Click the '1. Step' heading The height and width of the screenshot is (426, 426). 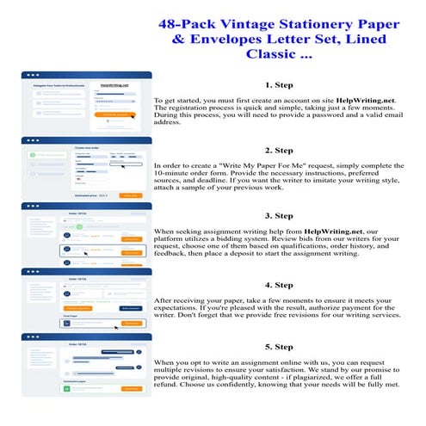tap(279, 85)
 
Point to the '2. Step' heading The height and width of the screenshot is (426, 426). tap(279, 150)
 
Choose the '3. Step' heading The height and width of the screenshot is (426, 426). tap(279, 215)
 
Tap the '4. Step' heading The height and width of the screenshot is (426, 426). tap(279, 283)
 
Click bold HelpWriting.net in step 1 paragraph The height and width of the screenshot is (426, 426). tap(347, 101)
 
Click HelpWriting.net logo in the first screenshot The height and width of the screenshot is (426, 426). tap(114, 85)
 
